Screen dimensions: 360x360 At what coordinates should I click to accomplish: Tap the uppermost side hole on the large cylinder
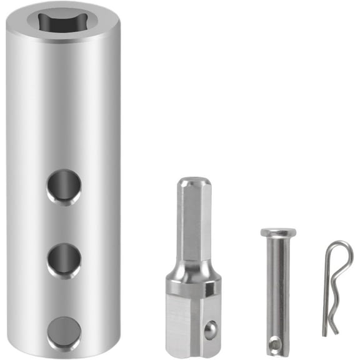click(64, 186)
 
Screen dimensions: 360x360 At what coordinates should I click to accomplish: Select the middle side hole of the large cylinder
click(64, 260)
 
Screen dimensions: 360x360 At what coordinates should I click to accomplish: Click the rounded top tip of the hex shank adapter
click(193, 183)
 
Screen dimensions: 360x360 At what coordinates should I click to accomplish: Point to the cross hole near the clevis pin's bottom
click(275, 342)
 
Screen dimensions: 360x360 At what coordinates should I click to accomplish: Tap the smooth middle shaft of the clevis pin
click(276, 287)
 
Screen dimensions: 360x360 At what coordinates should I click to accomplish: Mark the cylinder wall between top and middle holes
click(64, 223)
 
